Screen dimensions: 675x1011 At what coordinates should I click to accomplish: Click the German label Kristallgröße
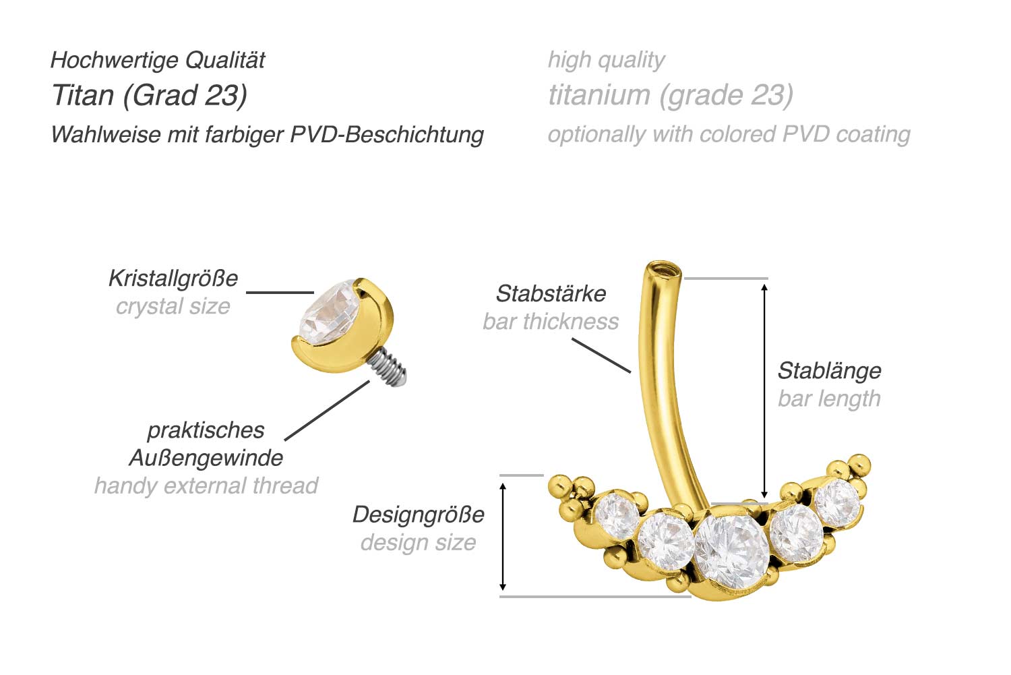tap(173, 278)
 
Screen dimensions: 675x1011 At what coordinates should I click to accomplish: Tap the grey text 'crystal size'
tap(173, 307)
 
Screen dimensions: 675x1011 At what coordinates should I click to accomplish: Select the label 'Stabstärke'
tap(551, 293)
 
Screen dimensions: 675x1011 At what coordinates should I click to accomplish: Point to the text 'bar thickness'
tap(551, 322)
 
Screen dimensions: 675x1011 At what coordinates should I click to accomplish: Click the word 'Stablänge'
tap(829, 370)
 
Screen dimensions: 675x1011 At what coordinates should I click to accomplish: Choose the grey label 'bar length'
tap(829, 399)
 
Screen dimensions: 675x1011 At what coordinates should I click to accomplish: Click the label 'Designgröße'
tap(418, 515)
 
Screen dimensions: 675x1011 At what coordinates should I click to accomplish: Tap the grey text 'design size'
tap(418, 543)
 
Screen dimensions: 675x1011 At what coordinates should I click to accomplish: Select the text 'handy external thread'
tap(206, 486)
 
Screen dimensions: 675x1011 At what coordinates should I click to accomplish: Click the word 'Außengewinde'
tap(206, 458)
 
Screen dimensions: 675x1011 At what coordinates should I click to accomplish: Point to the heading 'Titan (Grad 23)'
tap(149, 95)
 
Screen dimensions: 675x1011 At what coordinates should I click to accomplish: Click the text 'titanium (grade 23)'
tap(671, 95)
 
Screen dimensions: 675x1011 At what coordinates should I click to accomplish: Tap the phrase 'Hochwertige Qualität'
tap(158, 60)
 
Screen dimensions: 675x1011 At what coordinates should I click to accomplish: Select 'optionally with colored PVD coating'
tap(729, 134)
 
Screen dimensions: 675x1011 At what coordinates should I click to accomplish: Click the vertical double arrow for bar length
tap(764, 391)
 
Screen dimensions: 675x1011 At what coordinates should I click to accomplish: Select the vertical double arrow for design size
tap(503, 536)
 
